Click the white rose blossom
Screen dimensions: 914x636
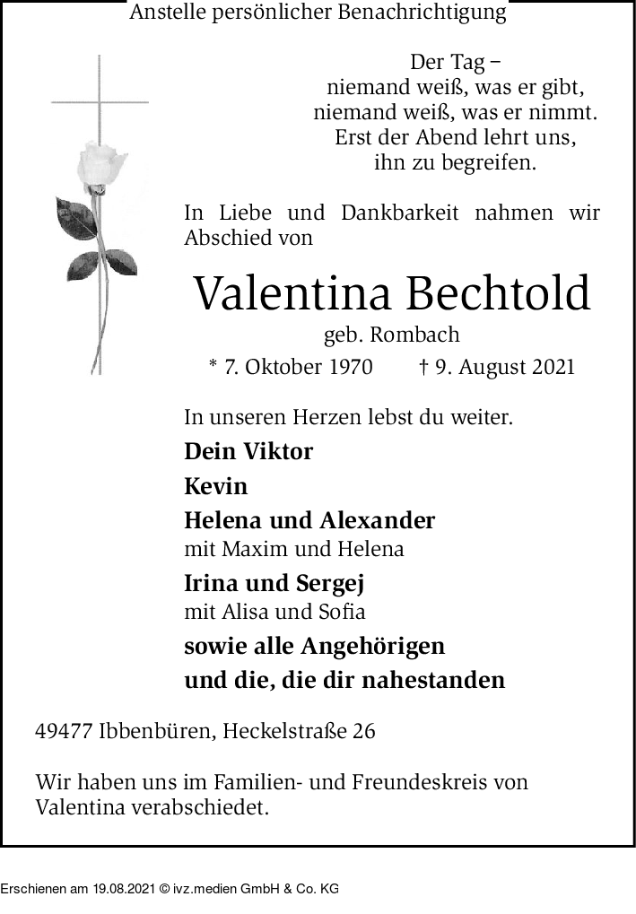[x=103, y=166]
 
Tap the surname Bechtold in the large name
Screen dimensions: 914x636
[x=501, y=292]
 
